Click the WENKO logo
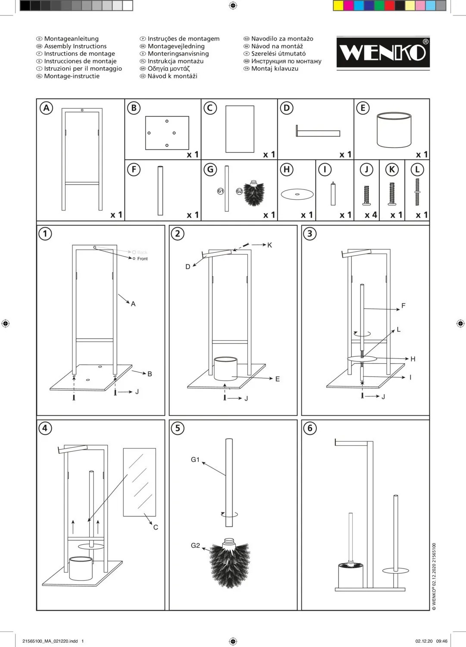pyautogui.click(x=383, y=52)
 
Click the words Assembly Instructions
pyautogui.click(x=75, y=46)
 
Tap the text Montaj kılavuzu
pyautogui.click(x=275, y=69)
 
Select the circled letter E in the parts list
pyautogui.click(x=363, y=108)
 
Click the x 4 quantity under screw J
pyautogui.click(x=371, y=215)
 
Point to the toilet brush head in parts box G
pyautogui.click(x=254, y=194)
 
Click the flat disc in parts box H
pyautogui.click(x=297, y=194)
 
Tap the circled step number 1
pyautogui.click(x=45, y=234)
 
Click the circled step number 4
pyautogui.click(x=45, y=428)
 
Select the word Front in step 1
pyautogui.click(x=142, y=259)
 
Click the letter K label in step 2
pyautogui.click(x=269, y=245)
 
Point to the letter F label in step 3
pyautogui.click(x=403, y=306)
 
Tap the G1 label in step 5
pyautogui.click(x=195, y=460)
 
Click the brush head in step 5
pyautogui.click(x=230, y=563)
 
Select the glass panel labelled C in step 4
pyautogui.click(x=139, y=482)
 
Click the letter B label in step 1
pyautogui.click(x=150, y=374)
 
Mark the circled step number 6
pyautogui.click(x=310, y=428)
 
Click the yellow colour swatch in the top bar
pyautogui.click(x=338, y=6)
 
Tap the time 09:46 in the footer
pyautogui.click(x=442, y=641)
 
